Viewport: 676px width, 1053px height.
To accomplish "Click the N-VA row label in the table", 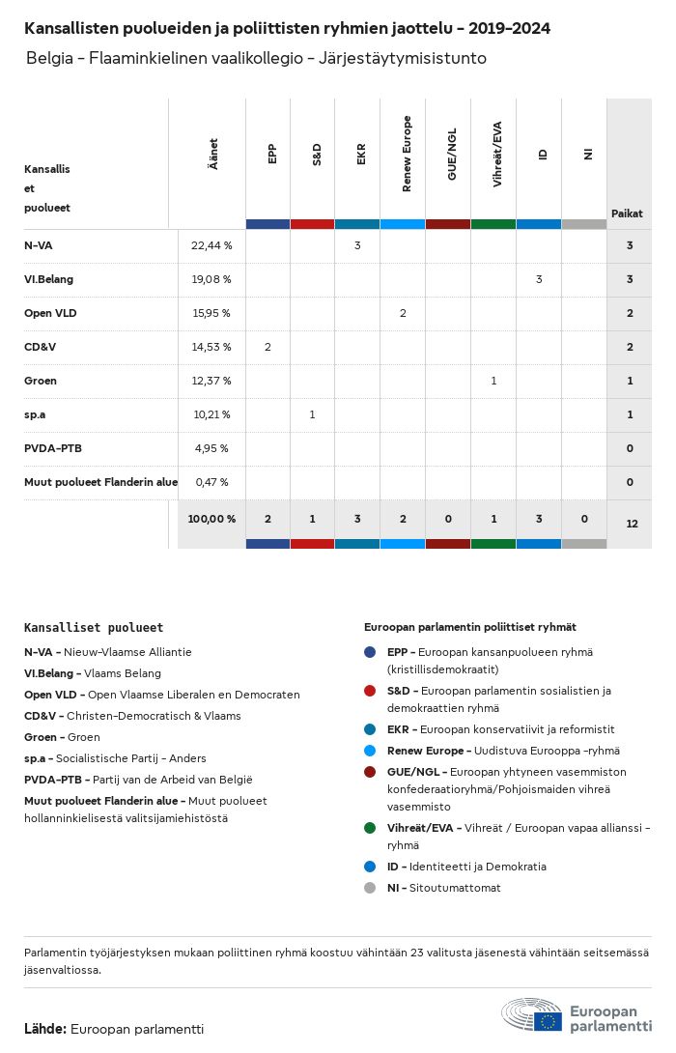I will pyautogui.click(x=39, y=245).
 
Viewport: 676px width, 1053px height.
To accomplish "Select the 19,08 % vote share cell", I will pyautogui.click(x=211, y=279).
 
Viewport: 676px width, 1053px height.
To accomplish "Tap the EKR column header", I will pyautogui.click(x=360, y=154).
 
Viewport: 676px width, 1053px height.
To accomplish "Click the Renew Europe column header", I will pyautogui.click(x=406, y=154).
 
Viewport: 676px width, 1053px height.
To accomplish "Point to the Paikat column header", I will pyautogui.click(x=627, y=213).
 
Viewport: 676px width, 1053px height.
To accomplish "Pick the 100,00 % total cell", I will pyautogui.click(x=211, y=519).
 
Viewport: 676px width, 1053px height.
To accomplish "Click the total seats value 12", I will pyautogui.click(x=632, y=524).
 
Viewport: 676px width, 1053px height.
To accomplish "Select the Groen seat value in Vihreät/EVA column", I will pyautogui.click(x=493, y=381).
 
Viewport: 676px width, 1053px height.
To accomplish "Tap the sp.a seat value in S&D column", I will pyautogui.click(x=313, y=414).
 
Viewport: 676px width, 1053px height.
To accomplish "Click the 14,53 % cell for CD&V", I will pyautogui.click(x=211, y=347).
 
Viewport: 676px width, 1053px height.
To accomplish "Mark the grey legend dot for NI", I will pyautogui.click(x=370, y=888).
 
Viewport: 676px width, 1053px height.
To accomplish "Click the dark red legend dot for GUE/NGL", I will pyautogui.click(x=370, y=772).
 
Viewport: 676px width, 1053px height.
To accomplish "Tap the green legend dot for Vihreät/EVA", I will pyautogui.click(x=370, y=828).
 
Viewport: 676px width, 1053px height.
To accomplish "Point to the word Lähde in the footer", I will pyautogui.click(x=44, y=1029).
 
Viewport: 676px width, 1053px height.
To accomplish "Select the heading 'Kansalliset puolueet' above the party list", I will pyautogui.click(x=94, y=628).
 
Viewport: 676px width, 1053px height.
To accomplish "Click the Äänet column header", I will pyautogui.click(x=212, y=154).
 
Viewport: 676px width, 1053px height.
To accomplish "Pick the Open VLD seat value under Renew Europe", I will pyautogui.click(x=403, y=313).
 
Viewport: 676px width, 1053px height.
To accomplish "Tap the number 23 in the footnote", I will pyautogui.click(x=417, y=953).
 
